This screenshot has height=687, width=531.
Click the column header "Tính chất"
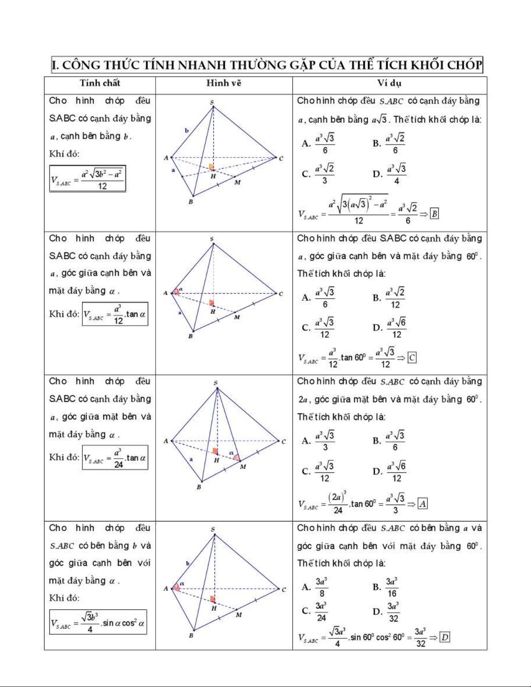click(x=100, y=83)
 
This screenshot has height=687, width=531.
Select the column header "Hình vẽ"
click(x=224, y=83)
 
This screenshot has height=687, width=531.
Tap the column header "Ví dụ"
click(x=389, y=83)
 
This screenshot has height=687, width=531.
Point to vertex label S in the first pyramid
click(x=212, y=102)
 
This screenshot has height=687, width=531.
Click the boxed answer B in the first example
click(x=434, y=214)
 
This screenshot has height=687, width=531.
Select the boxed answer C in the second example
click(x=412, y=358)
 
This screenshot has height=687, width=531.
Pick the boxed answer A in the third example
click(x=423, y=504)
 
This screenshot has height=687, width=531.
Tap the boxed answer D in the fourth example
click(x=445, y=637)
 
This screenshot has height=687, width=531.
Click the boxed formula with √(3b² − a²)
click(x=88, y=179)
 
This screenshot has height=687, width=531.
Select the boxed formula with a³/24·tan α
click(x=115, y=458)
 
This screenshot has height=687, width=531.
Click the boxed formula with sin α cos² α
click(x=98, y=622)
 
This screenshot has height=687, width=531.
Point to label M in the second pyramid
click(x=237, y=317)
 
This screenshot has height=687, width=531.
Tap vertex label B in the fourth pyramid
click(x=191, y=636)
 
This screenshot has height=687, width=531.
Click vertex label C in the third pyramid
click(x=284, y=442)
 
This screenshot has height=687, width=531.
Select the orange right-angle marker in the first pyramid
click(x=212, y=167)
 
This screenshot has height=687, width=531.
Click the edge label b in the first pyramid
click(x=187, y=130)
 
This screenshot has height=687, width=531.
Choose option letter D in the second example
click(x=377, y=328)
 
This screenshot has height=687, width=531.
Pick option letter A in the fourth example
click(x=306, y=587)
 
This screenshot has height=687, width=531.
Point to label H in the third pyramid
click(x=216, y=460)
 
